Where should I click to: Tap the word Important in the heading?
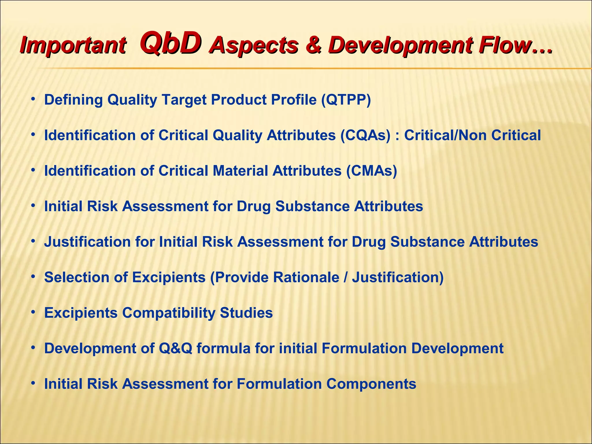click(x=73, y=46)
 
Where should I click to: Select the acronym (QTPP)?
click(x=346, y=100)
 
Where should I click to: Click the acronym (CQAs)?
click(x=365, y=135)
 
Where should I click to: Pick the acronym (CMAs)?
click(x=372, y=171)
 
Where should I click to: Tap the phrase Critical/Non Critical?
click(x=472, y=135)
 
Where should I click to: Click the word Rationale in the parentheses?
click(x=306, y=277)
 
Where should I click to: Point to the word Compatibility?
click(x=169, y=313)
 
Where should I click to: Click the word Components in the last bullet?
click(x=371, y=384)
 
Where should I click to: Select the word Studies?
click(x=246, y=313)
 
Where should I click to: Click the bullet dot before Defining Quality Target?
click(x=34, y=99)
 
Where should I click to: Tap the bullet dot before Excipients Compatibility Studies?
click(x=34, y=312)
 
